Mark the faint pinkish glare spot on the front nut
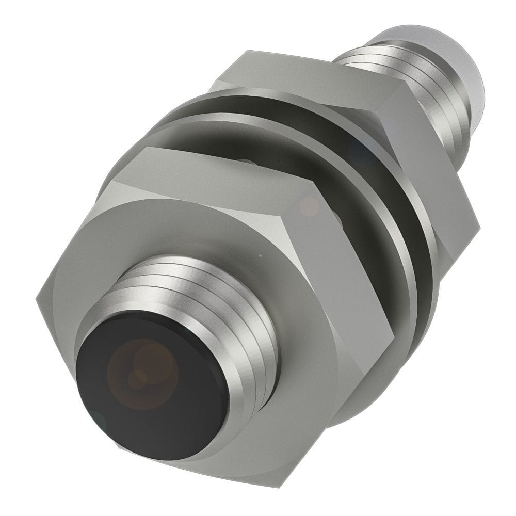click(x=310, y=206)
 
